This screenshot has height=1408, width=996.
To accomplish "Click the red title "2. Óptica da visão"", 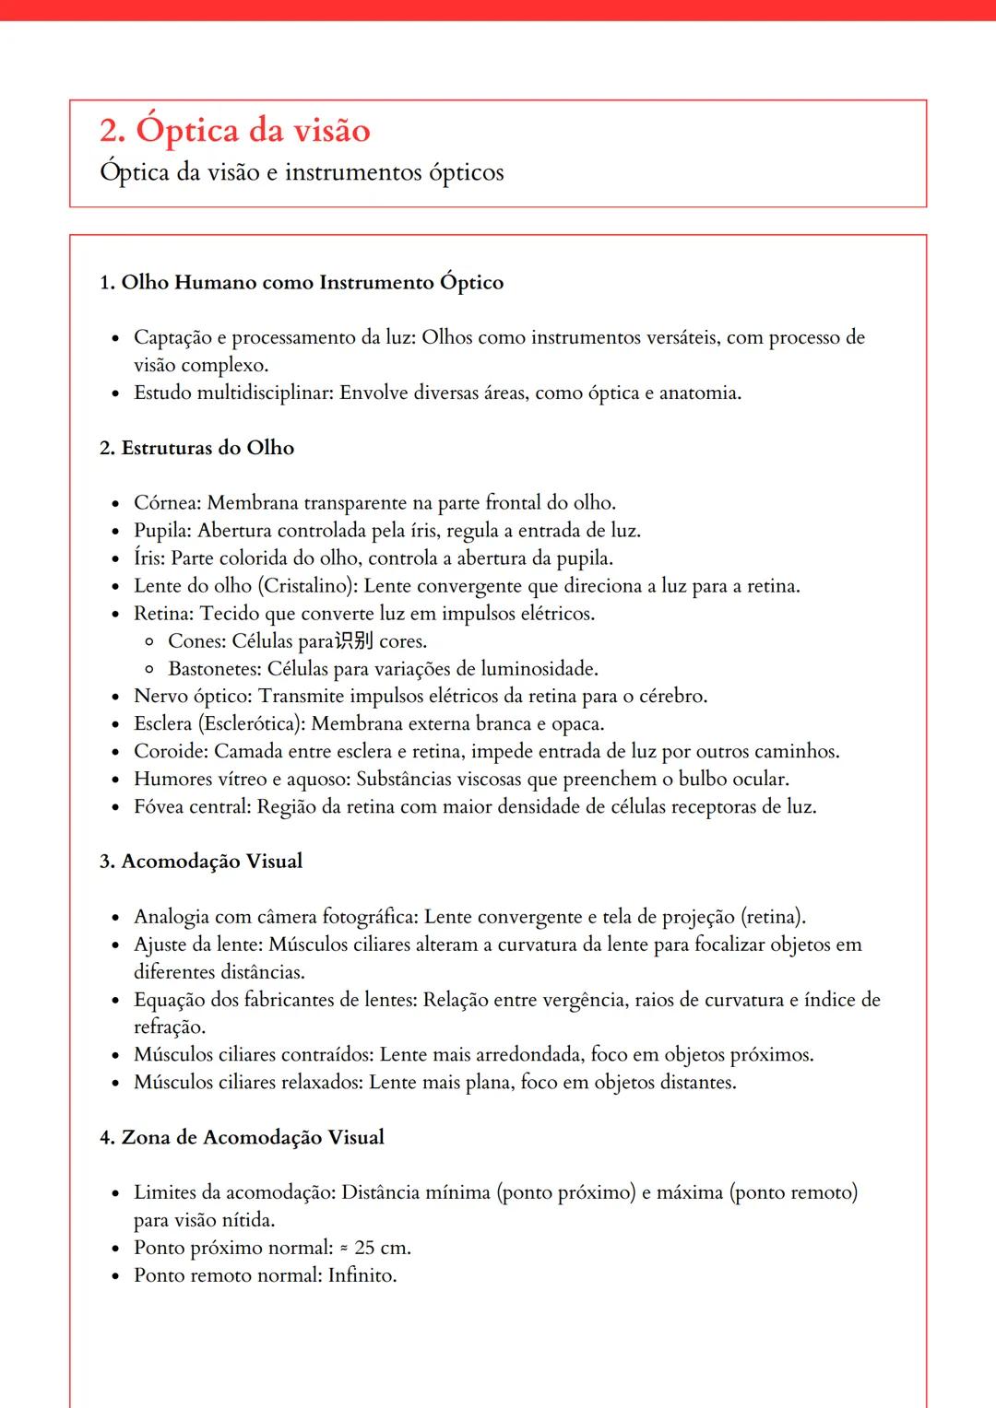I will (235, 131).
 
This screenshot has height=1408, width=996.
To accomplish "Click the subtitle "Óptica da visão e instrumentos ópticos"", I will (302, 173).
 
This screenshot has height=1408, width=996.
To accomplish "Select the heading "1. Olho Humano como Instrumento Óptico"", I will (302, 282).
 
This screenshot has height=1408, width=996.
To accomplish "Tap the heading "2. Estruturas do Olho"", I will (196, 448).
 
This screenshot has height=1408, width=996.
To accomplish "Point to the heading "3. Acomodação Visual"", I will (201, 862).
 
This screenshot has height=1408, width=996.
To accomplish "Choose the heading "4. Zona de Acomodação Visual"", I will (242, 1137).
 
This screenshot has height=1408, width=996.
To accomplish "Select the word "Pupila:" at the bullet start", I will (163, 531).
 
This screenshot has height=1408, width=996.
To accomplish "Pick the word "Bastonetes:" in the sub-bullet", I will (214, 669).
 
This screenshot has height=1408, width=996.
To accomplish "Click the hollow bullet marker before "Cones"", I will (149, 642).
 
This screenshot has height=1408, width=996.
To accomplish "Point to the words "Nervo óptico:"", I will (193, 697).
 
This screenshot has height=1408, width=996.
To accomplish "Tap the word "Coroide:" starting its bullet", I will (171, 752).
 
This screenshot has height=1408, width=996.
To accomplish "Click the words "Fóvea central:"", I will (192, 807).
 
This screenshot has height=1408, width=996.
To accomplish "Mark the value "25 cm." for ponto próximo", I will (382, 1248).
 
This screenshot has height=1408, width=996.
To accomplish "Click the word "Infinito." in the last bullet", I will (362, 1275).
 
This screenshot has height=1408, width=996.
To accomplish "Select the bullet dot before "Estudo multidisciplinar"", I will (115, 394).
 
